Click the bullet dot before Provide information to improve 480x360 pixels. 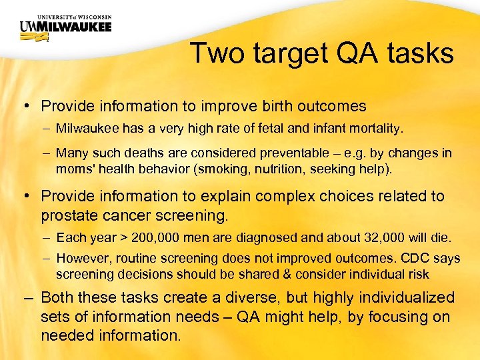click(x=24, y=107)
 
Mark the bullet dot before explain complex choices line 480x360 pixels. click(x=24, y=197)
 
